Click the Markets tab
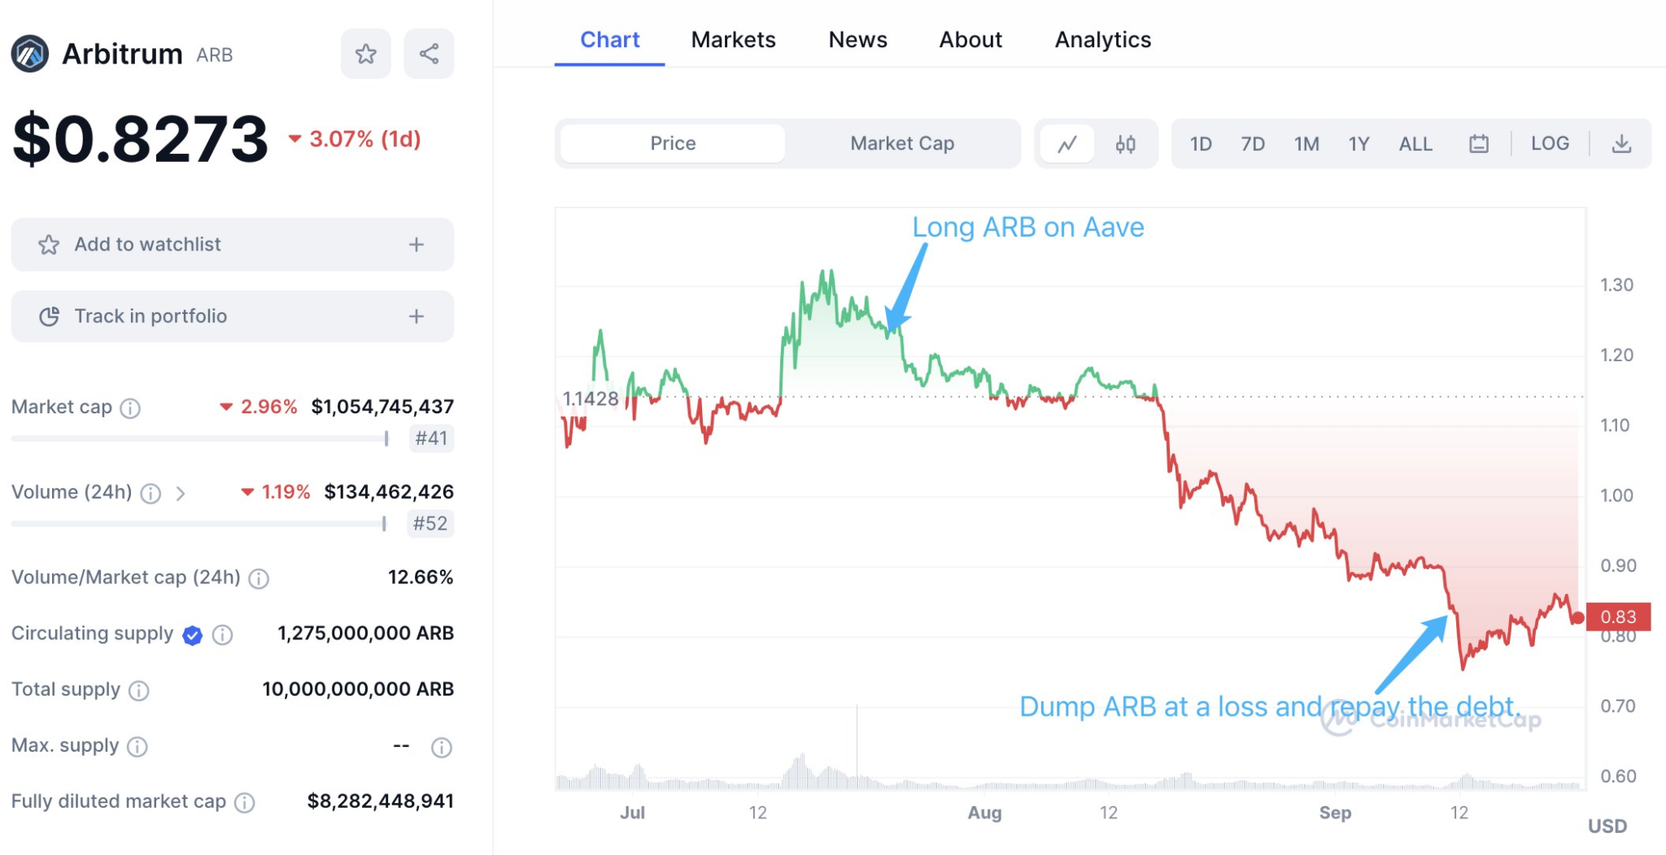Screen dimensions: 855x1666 click(x=733, y=40)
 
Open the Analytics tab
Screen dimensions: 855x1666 click(x=1102, y=40)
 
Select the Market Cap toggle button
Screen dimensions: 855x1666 click(x=901, y=144)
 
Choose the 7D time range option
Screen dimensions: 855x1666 click(x=1252, y=144)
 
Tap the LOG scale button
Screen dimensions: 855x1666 click(x=1550, y=144)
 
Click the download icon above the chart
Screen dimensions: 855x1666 click(x=1621, y=144)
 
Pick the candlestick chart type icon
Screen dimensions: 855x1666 click(x=1125, y=145)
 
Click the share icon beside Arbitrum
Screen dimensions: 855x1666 click(x=429, y=55)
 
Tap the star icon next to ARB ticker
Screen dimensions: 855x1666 click(x=366, y=55)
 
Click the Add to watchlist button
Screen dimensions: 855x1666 click(x=232, y=244)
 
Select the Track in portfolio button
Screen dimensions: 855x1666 click(x=232, y=316)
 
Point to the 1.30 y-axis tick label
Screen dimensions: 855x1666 click(x=1616, y=285)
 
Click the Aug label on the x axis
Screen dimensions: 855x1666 click(x=984, y=813)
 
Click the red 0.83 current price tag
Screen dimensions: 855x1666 click(x=1617, y=617)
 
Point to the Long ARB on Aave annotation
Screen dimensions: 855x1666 click(x=1027, y=227)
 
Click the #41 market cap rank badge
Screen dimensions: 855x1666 click(x=430, y=438)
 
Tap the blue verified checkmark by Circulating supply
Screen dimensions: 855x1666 click(x=193, y=635)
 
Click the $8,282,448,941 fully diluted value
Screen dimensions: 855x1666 click(x=380, y=801)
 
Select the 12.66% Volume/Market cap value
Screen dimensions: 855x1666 click(x=420, y=578)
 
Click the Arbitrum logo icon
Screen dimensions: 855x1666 click(x=30, y=55)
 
